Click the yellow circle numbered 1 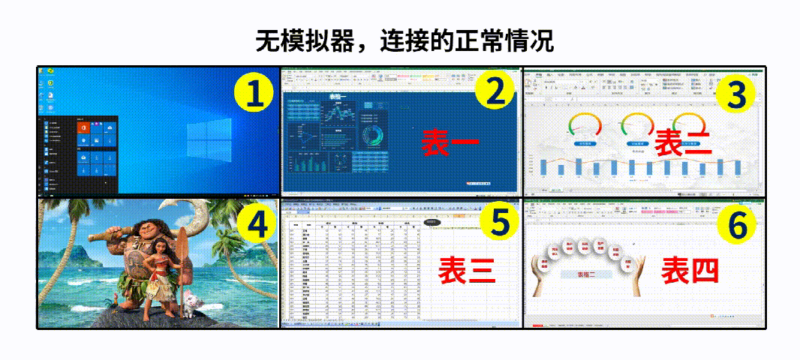point(254,94)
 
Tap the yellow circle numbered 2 point(495,91)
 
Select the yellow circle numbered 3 point(736,95)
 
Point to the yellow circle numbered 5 point(495,222)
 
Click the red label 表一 point(447,142)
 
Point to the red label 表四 point(690,270)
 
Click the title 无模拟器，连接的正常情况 point(405,40)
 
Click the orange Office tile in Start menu point(82,129)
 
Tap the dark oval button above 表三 point(432,222)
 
